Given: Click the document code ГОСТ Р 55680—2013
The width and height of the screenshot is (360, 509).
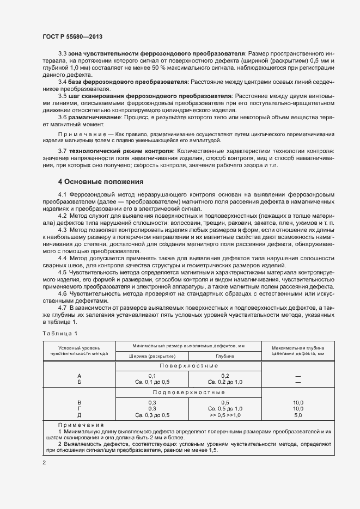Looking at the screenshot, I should (72, 37).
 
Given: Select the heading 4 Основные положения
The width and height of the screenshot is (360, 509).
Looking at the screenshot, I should (101, 181).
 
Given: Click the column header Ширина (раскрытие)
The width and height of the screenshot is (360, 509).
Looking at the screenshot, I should (151, 355).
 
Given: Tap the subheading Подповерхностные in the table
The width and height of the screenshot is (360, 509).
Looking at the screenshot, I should (188, 392).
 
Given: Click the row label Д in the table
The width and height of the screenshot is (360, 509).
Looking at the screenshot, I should (80, 415).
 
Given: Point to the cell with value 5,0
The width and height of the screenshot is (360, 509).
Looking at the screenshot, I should (298, 415).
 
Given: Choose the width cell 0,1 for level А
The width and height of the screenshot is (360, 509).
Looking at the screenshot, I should (152, 376).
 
